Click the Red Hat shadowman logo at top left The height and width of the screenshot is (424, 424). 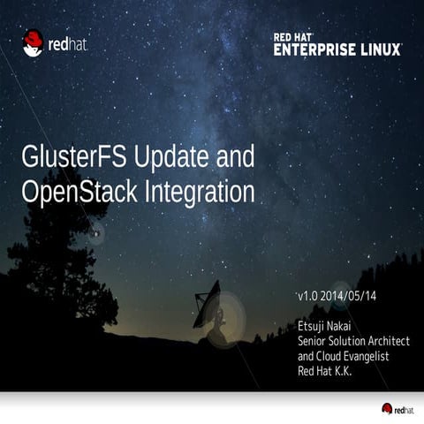click(33, 42)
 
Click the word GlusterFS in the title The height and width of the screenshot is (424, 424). click(72, 159)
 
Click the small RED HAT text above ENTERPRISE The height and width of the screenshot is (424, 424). click(293, 37)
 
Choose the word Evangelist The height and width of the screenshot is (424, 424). click(370, 356)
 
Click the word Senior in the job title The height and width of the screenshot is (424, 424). click(313, 343)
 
